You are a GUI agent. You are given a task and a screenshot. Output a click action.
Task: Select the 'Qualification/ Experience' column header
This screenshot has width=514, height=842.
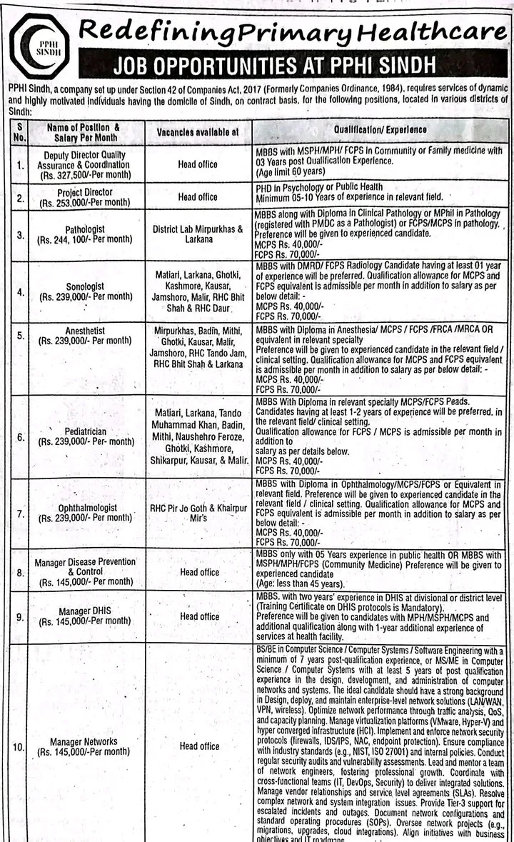380,130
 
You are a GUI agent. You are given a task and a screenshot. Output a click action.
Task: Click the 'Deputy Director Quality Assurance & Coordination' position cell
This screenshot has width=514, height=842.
84,164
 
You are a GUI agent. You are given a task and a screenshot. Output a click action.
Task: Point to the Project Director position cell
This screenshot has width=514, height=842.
84,196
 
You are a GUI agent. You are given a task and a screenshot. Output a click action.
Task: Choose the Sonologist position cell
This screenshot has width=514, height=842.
84,290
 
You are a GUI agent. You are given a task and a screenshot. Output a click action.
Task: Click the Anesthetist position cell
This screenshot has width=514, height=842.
84,336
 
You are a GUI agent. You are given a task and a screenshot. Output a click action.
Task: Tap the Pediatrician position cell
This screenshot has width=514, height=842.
84,436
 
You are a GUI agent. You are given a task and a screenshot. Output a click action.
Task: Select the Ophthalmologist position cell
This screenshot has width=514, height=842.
84,513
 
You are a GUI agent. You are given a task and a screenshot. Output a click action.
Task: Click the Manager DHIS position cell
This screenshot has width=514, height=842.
84,616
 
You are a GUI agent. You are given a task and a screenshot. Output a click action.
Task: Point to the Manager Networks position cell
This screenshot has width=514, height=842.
84,746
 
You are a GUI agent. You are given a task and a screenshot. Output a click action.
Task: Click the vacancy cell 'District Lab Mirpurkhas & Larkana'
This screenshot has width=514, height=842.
198,234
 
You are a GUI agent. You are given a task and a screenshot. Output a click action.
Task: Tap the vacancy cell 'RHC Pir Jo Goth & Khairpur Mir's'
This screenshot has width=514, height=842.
198,513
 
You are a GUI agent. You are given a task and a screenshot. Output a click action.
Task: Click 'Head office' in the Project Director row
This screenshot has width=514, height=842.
198,196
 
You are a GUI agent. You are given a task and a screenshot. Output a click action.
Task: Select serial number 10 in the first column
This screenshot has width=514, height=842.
17,747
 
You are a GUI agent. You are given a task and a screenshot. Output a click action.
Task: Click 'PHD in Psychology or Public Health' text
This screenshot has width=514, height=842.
319,187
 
